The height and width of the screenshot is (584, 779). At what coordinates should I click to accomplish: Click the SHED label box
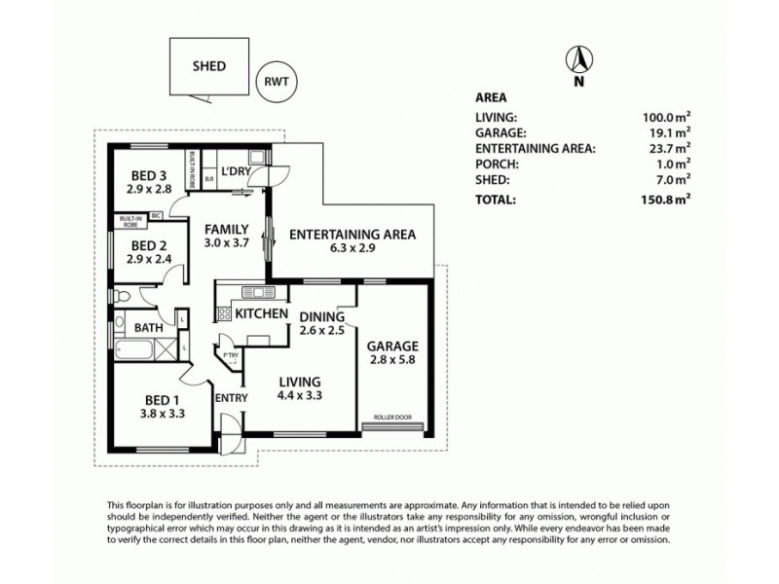[208, 67]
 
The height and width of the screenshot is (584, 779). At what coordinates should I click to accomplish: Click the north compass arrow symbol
[577, 61]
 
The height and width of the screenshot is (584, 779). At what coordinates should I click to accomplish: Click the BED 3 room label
[151, 176]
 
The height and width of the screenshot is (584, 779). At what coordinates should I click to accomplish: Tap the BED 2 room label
[151, 245]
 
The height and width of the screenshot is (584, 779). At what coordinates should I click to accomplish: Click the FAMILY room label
[226, 230]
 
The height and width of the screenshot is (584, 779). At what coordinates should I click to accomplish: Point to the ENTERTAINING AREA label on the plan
[352, 234]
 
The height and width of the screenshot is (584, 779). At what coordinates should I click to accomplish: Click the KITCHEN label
[260, 313]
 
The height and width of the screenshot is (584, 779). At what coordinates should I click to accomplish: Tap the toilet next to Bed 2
[118, 295]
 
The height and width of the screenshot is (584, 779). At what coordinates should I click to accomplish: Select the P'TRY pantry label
[230, 355]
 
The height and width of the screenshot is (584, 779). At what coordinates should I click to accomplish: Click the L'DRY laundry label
[238, 172]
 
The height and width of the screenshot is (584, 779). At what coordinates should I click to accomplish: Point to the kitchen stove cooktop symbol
[223, 313]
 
